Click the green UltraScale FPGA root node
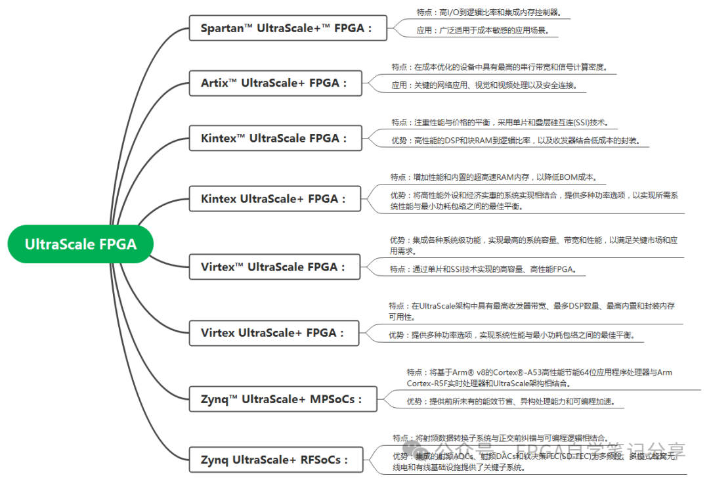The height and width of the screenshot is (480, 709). click(x=80, y=244)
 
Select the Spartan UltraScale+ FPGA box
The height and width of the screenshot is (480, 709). click(x=287, y=28)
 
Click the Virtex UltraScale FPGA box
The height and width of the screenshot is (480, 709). click(x=273, y=267)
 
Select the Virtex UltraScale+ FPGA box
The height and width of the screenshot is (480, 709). click(x=273, y=333)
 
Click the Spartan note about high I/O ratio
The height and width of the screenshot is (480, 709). click(x=489, y=12)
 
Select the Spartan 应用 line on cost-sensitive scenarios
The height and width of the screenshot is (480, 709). click(x=482, y=30)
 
